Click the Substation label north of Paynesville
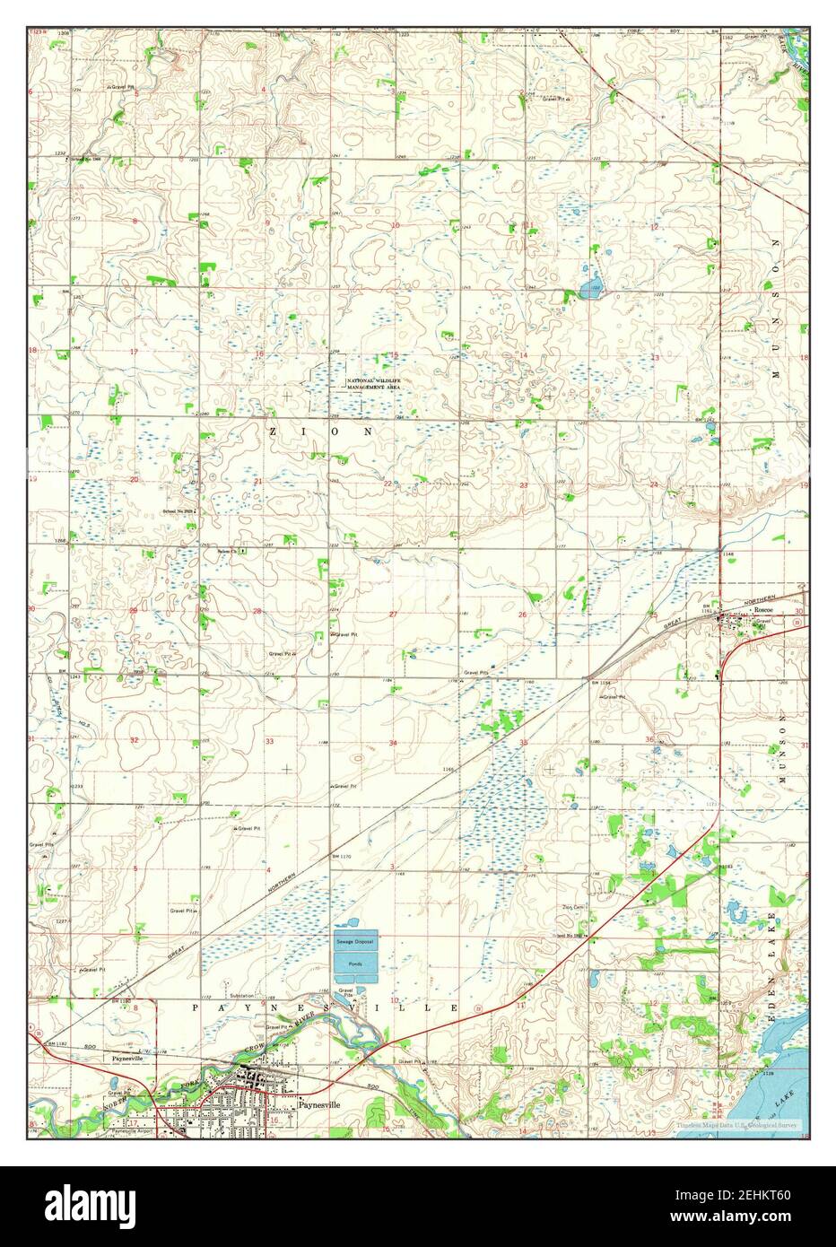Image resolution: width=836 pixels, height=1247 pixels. [241, 996]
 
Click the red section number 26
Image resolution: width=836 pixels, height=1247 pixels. [523, 615]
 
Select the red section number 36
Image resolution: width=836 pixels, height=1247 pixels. [649, 739]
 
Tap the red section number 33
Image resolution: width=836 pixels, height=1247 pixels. [269, 741]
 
